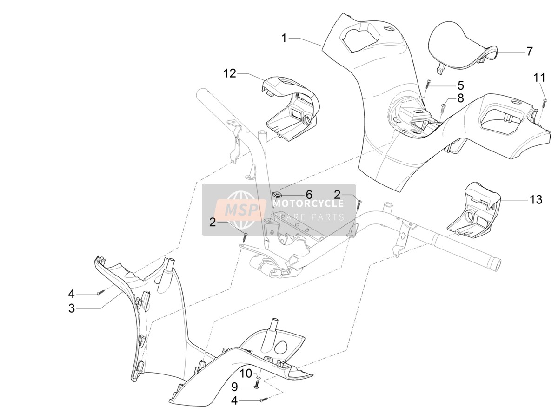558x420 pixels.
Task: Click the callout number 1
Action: [284, 39]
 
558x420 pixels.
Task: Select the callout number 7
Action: [529, 52]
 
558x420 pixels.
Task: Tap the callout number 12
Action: [230, 74]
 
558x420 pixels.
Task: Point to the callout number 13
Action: [536, 200]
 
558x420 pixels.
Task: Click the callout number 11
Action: [539, 78]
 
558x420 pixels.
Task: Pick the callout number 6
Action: [309, 195]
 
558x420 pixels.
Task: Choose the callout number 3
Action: [72, 308]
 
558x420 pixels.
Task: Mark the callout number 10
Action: [246, 374]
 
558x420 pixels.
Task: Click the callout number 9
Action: [234, 387]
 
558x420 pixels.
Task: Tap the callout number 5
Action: [461, 86]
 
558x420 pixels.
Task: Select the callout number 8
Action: [461, 98]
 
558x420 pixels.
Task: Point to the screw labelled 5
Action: [428, 84]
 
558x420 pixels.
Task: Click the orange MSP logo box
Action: [240, 210]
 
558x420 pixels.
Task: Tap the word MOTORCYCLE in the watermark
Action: [308, 203]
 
